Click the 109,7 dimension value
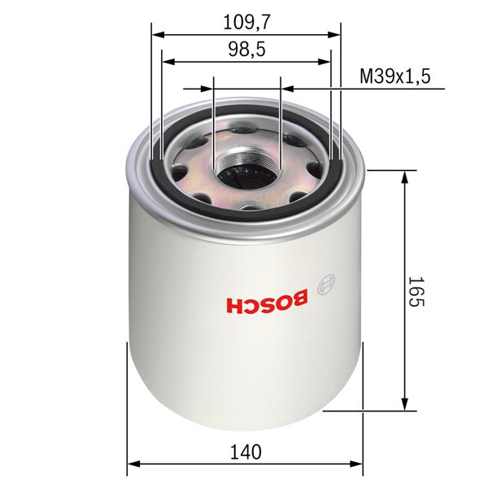pos(246,23)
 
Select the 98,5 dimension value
pos(246,50)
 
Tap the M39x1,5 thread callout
pos(394,77)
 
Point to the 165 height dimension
pos(416,290)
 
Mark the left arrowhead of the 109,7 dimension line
pos(158,35)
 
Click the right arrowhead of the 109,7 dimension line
pos(334,35)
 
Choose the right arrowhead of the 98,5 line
pos(325,62)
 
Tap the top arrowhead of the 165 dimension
pos(404,176)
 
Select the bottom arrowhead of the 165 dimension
pos(404,406)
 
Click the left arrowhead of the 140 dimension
pos(133,467)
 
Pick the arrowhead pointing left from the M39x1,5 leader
pos(285,89)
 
